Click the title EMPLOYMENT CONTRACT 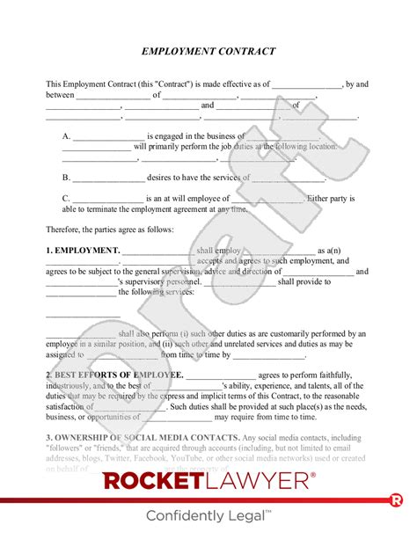[x=208, y=52]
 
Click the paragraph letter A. [x=66, y=136]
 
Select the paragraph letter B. [x=66, y=177]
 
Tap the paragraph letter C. [x=66, y=199]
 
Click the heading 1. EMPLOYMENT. [x=83, y=251]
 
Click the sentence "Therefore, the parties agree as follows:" [x=110, y=229]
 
